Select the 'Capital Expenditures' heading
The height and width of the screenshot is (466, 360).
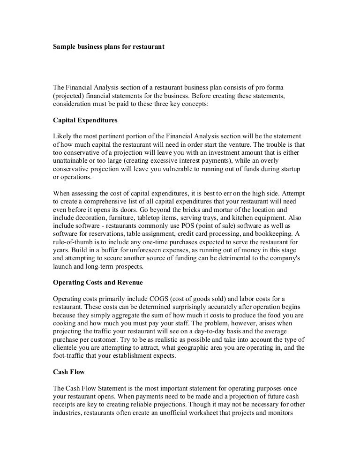click(x=84, y=120)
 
